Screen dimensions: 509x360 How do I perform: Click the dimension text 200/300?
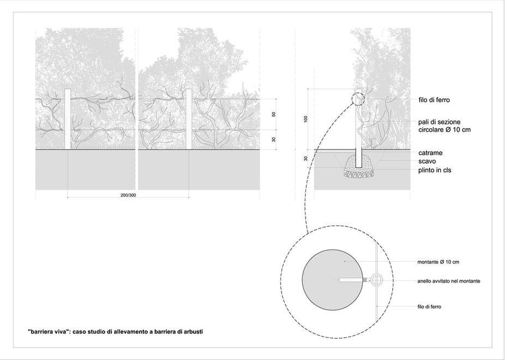coord(128,195)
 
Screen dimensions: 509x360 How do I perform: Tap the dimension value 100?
coord(306,118)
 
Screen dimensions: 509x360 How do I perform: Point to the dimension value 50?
coord(274,114)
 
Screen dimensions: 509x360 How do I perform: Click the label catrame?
coord(430,154)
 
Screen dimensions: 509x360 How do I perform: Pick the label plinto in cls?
coord(435,171)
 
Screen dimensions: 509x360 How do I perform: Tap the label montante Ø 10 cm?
coord(438,262)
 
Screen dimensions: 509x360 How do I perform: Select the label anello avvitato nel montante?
coord(448,281)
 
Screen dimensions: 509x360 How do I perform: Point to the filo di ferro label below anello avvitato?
coord(429,307)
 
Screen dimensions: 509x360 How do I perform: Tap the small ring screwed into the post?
coord(376,280)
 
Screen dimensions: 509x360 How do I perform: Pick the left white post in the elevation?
coord(68,118)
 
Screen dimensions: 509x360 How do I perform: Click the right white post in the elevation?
coord(189,118)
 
